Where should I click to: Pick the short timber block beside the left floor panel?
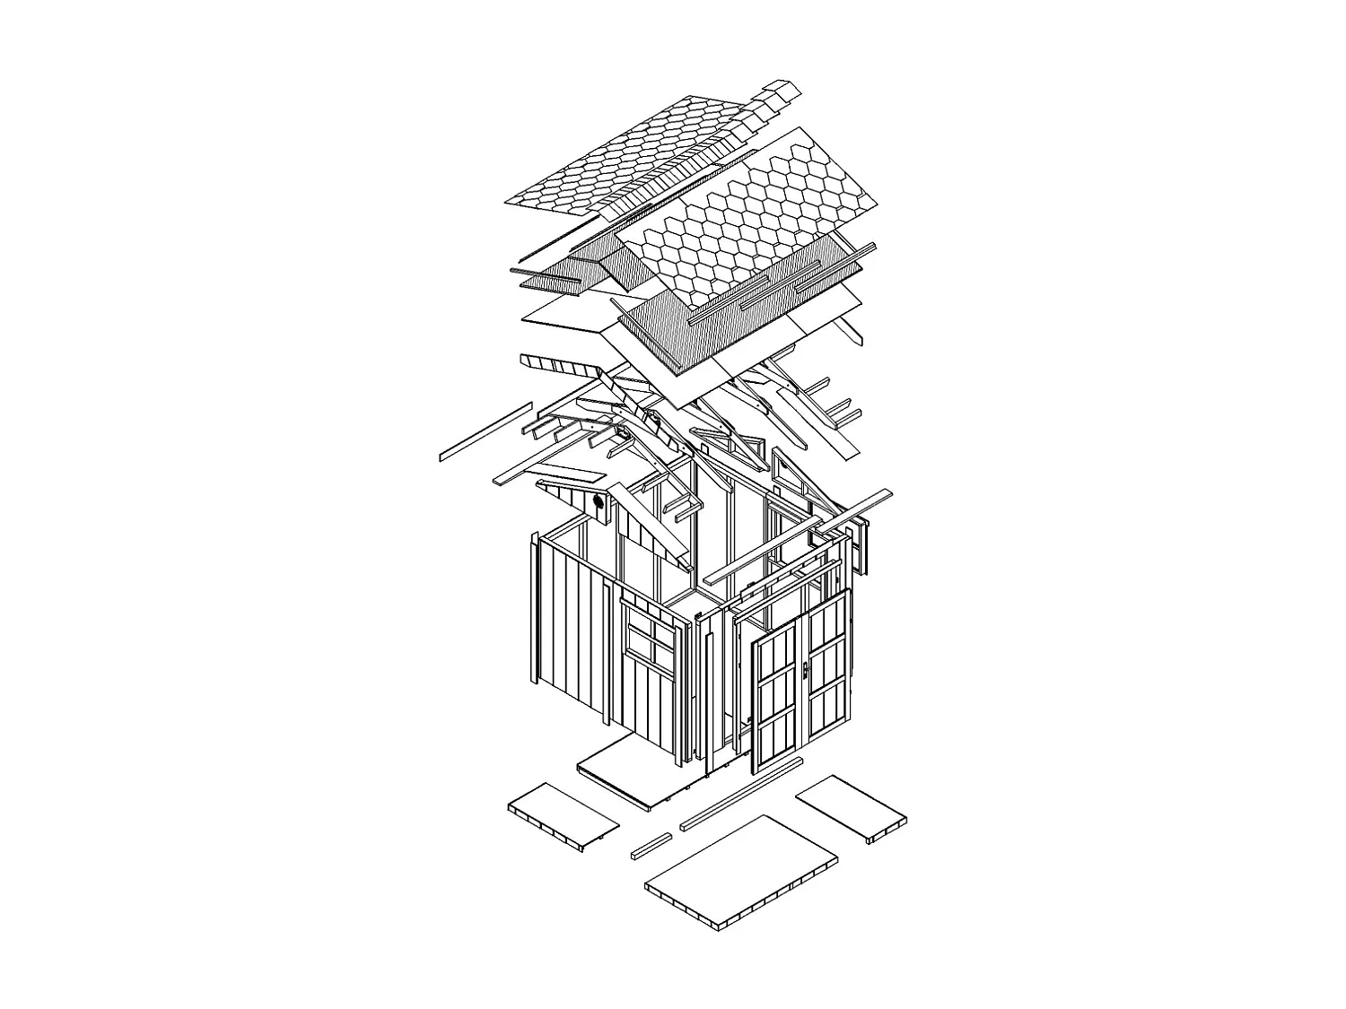coord(651,846)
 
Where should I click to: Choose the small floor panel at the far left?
coord(563,814)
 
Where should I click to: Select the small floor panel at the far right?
coord(851,808)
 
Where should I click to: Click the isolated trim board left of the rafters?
coord(485,431)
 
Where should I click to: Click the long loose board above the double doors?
coord(799,536)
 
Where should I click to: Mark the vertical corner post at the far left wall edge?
coord(534,610)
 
